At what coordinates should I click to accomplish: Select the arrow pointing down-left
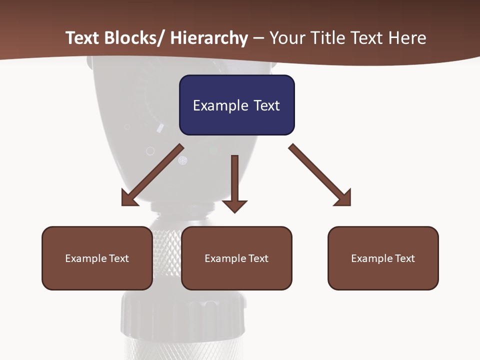click(152, 175)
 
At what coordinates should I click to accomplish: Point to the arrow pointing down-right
click(320, 175)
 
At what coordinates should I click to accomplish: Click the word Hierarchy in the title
click(209, 38)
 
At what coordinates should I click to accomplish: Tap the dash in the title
click(258, 38)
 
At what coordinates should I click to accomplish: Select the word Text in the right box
click(404, 258)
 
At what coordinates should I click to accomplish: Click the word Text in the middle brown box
click(258, 258)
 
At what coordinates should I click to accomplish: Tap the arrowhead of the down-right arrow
click(343, 198)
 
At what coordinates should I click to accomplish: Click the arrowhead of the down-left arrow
click(129, 198)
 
